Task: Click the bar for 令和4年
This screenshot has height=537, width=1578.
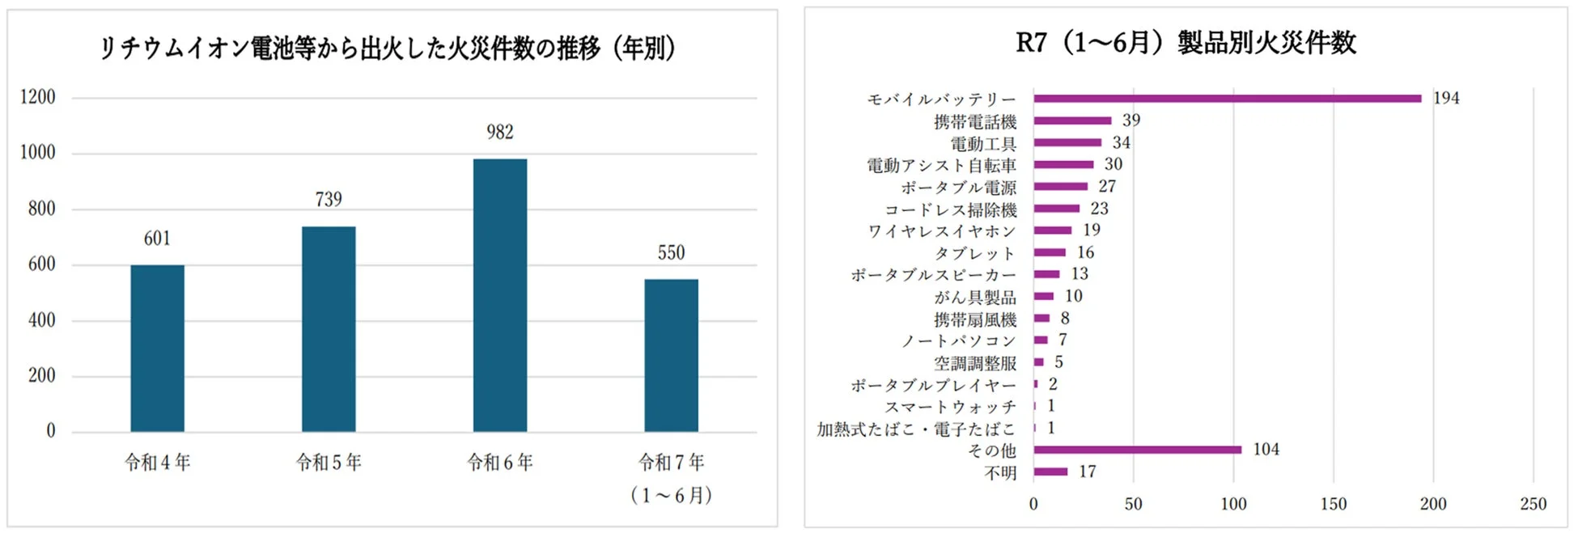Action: point(157,348)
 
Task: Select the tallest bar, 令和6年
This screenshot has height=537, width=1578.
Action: point(499,295)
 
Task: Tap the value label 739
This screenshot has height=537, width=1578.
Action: point(329,199)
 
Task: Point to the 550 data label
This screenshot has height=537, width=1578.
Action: point(671,252)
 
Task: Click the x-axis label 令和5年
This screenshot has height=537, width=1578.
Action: point(329,463)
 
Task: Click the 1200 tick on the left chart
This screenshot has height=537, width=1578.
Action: point(38,97)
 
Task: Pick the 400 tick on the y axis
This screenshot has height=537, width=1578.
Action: point(41,320)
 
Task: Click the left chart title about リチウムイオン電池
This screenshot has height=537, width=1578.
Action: point(387,48)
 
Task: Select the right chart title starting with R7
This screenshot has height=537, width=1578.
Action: point(1186,42)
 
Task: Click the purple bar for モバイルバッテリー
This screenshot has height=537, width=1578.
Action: point(1227,99)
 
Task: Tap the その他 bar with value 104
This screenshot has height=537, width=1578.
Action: point(1137,450)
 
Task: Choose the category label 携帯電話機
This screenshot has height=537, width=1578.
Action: point(975,121)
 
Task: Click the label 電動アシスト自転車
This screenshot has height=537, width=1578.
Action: point(941,165)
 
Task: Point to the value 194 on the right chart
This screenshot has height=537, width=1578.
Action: point(1446,98)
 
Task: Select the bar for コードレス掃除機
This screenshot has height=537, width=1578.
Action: point(1056,209)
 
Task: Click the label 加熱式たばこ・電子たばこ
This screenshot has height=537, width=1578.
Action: point(915,429)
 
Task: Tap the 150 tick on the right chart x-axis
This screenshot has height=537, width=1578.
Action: point(1333,504)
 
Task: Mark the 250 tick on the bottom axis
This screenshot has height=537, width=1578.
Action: point(1533,504)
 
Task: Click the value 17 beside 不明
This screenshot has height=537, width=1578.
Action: point(1088,471)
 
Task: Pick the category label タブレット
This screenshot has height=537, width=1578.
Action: point(975,253)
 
